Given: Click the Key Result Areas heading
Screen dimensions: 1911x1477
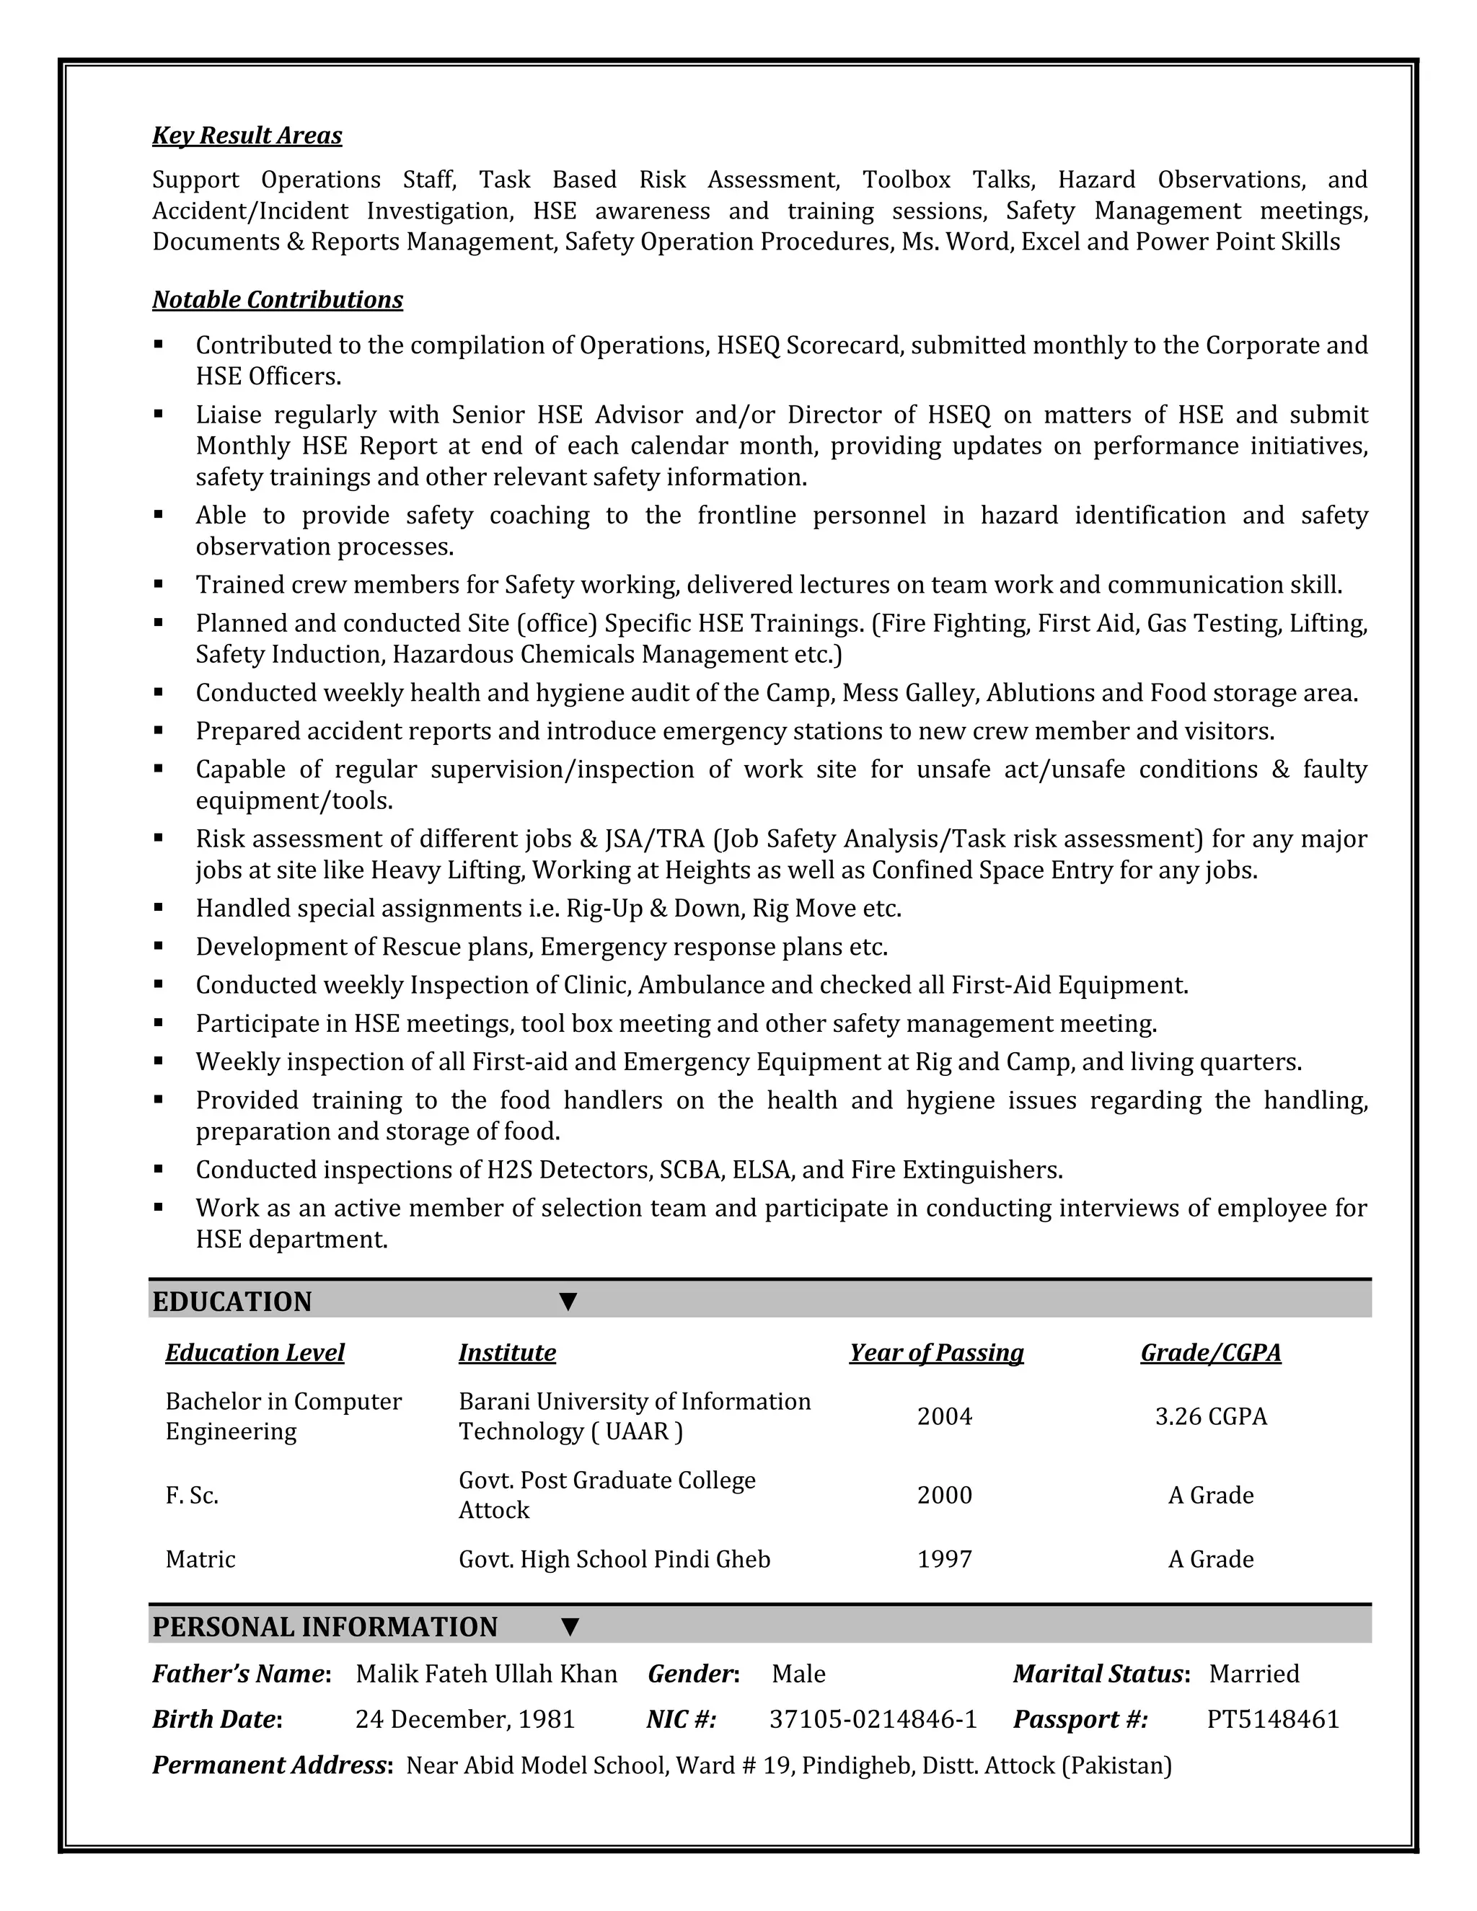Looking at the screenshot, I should (x=247, y=136).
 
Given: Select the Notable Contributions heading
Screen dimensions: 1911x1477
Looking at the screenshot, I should (x=278, y=300).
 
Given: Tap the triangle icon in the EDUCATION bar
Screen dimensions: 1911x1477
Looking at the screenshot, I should (x=568, y=1302).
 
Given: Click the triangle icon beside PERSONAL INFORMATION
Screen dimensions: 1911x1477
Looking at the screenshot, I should (x=570, y=1628).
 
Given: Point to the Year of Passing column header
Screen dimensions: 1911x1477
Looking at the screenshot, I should (x=936, y=1353).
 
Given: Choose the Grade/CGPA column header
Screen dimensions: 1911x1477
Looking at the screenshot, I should (x=1210, y=1353).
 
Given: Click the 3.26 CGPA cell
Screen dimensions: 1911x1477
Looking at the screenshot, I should (x=1211, y=1416).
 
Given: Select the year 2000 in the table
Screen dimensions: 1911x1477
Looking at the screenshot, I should (x=944, y=1496).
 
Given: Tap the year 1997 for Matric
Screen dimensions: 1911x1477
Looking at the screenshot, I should (x=944, y=1559).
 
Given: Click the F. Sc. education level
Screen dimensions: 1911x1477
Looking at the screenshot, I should (x=192, y=1496).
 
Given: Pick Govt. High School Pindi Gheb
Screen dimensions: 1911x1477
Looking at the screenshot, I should (x=614, y=1559).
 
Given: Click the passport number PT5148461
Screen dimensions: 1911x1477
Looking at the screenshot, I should (x=1273, y=1719).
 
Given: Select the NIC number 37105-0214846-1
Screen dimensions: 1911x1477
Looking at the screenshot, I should (x=873, y=1719).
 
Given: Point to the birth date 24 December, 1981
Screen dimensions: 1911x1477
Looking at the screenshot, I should (x=464, y=1719).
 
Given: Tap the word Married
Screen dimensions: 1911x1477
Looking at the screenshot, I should (x=1254, y=1674).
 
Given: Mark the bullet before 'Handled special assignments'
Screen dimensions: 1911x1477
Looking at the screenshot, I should (x=159, y=907).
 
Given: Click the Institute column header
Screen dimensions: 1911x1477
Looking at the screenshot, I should (x=506, y=1353).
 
